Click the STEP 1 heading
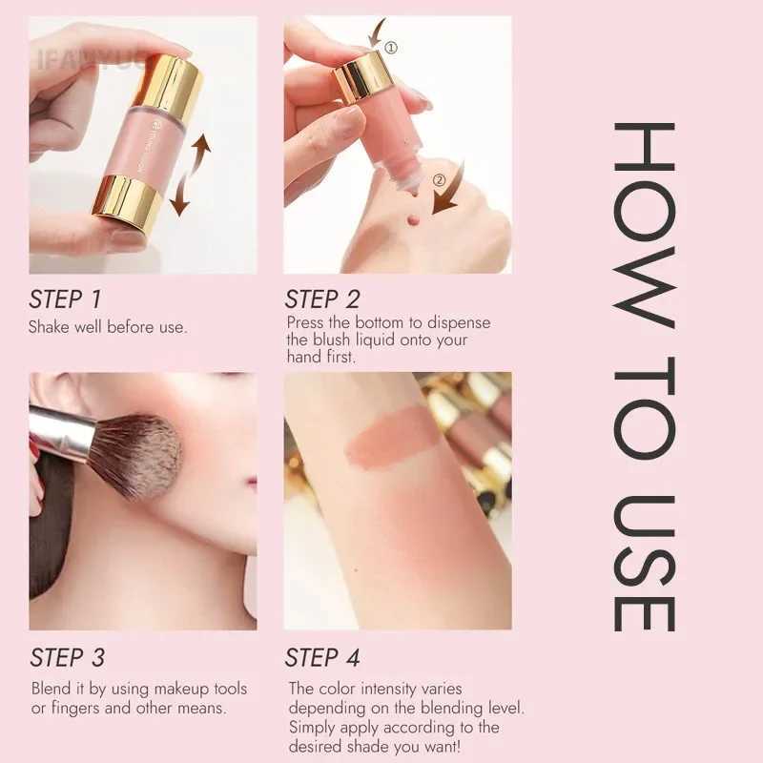65,299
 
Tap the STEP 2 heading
322,299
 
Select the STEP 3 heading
68,657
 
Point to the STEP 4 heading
322,657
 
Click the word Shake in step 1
49,327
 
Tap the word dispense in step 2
459,323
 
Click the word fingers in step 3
76,708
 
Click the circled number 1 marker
391,47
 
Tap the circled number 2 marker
439,180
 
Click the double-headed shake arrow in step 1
190,175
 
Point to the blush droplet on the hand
413,221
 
